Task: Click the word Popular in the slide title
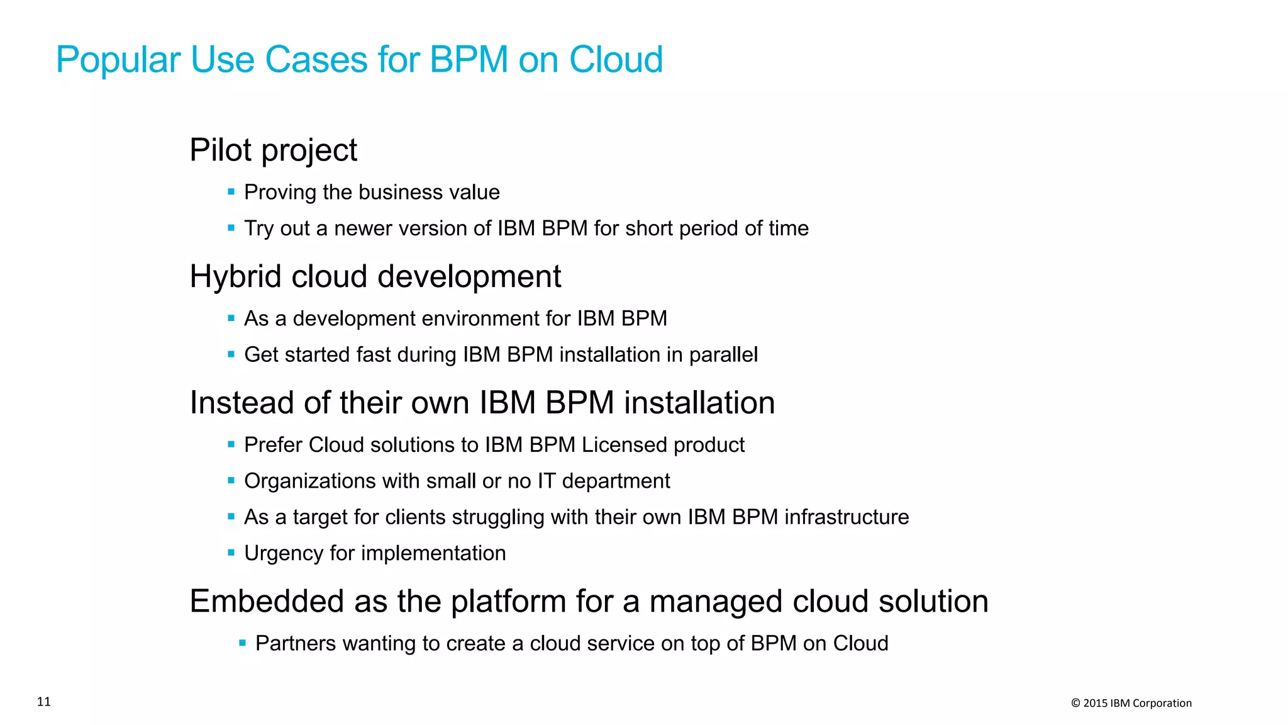(118, 60)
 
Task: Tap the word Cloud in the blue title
(616, 60)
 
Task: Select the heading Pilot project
(273, 150)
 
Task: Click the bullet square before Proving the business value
(231, 191)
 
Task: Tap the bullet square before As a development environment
(231, 318)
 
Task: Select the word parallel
(723, 355)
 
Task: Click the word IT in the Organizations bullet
(547, 481)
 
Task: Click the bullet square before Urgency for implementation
(231, 553)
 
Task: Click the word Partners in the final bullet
(296, 644)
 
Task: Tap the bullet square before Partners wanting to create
(243, 643)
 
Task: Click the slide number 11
(44, 702)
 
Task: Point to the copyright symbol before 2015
(1075, 704)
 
